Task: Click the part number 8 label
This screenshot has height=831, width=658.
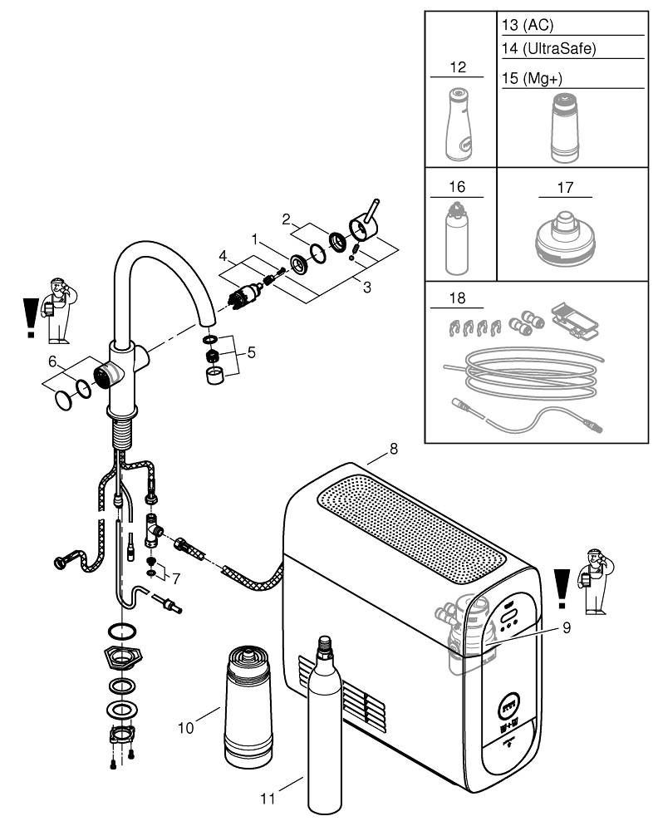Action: click(x=394, y=449)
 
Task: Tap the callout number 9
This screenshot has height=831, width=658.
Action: click(x=567, y=628)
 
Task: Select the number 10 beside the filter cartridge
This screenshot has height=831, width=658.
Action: click(x=186, y=727)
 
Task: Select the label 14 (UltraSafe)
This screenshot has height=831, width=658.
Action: click(x=549, y=48)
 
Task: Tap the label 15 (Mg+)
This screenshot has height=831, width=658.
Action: click(x=533, y=76)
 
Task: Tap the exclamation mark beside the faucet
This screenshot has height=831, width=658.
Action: click(x=31, y=317)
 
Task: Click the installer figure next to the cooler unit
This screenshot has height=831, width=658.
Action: click(x=594, y=582)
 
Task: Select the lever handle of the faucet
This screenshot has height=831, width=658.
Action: click(x=370, y=216)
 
